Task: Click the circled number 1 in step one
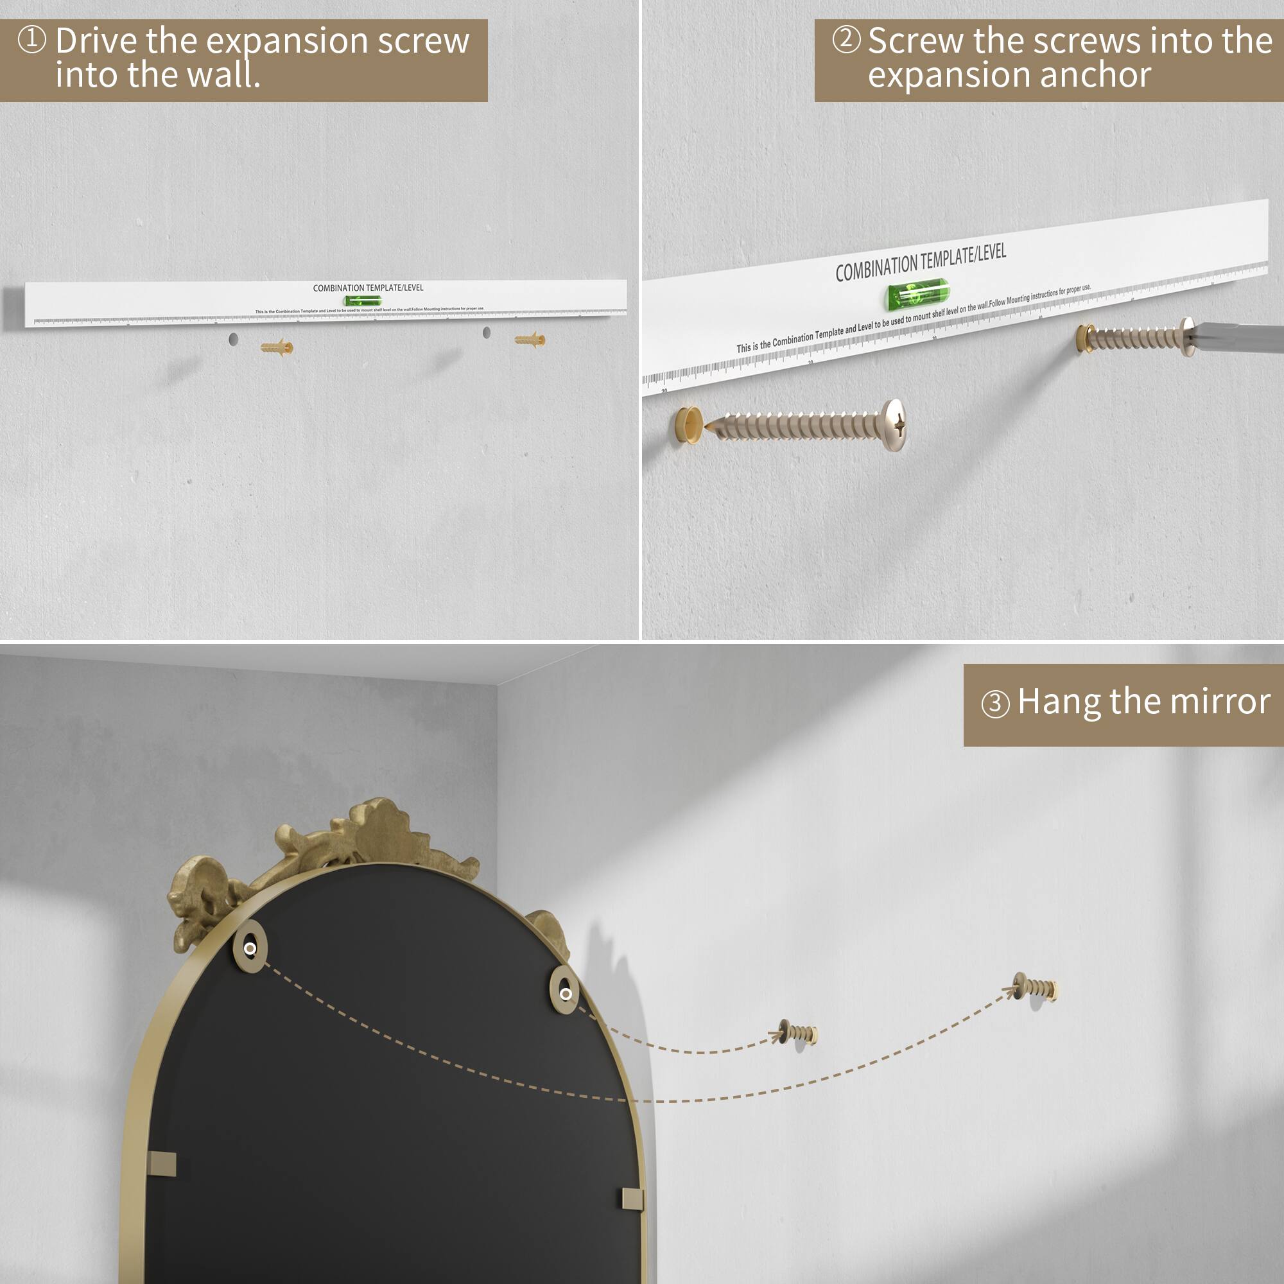[x=31, y=39]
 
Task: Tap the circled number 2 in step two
[x=846, y=39]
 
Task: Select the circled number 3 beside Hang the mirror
[x=995, y=703]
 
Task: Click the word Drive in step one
[x=96, y=41]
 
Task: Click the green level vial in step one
[x=363, y=301]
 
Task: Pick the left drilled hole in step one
[x=233, y=340]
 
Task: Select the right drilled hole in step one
[x=487, y=333]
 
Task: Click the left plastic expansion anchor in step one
[x=277, y=347]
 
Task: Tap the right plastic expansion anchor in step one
[x=530, y=340]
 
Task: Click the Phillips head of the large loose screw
[x=895, y=424]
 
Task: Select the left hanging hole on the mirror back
[x=250, y=948]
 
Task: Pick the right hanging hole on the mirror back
[x=565, y=994]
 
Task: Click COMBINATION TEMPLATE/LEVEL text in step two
[x=921, y=263]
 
